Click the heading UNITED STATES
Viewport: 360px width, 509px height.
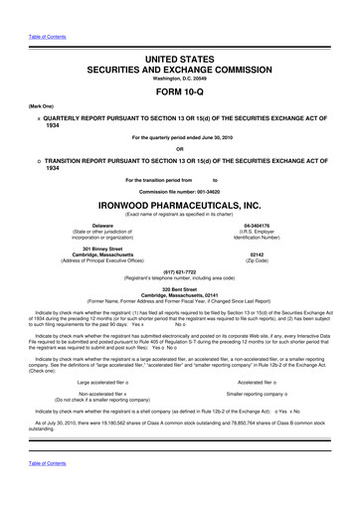point(180,31)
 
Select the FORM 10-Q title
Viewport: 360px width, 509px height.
point(180,69)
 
